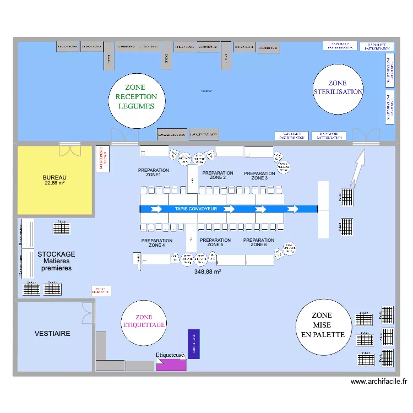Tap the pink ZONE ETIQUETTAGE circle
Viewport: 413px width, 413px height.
coord(143,324)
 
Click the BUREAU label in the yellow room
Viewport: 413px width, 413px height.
coord(55,177)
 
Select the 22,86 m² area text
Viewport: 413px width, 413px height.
coord(55,183)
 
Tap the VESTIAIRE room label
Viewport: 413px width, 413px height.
coord(52,334)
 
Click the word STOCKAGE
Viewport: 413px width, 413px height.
coord(56,254)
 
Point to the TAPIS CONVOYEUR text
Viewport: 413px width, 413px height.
coord(196,209)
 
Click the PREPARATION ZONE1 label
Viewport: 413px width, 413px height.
coord(150,172)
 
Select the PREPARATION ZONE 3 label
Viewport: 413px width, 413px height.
coord(259,176)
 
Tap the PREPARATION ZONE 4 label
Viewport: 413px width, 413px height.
coord(156,243)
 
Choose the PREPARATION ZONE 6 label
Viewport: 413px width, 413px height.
coord(259,242)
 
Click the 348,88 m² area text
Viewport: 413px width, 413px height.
coord(208,271)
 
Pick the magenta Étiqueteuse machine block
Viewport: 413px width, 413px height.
coord(171,365)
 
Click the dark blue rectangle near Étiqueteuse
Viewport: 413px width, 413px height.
coord(194,344)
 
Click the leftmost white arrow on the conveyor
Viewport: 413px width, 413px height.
coord(156,209)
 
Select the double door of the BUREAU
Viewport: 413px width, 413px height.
coord(70,150)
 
